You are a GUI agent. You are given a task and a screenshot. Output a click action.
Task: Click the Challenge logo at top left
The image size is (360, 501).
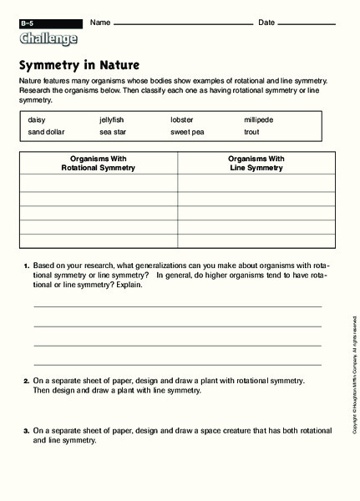[x=48, y=38]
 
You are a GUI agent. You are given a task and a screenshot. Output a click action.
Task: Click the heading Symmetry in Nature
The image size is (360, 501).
[x=79, y=64]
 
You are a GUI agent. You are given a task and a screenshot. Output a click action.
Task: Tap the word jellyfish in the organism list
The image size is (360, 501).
[x=115, y=119]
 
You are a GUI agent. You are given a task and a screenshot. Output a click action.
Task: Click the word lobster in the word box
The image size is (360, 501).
[x=182, y=119]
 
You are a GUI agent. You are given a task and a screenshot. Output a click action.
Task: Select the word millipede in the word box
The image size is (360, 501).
[x=259, y=119]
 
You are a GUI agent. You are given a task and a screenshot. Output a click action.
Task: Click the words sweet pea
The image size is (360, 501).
[x=187, y=132]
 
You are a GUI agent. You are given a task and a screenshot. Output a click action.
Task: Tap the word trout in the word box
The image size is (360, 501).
[x=252, y=132]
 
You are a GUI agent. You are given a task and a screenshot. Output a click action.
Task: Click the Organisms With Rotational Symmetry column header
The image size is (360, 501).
[x=98, y=163]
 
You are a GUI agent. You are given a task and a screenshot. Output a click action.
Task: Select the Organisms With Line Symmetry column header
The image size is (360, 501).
[x=256, y=163]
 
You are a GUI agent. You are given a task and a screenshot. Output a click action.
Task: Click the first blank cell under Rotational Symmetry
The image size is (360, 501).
[x=98, y=184]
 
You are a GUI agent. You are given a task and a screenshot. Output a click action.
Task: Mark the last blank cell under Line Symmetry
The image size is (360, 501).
[x=256, y=240]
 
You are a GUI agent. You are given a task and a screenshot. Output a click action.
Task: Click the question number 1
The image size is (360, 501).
[x=27, y=266]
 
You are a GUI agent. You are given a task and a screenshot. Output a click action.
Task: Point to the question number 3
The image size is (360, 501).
[x=27, y=431]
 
